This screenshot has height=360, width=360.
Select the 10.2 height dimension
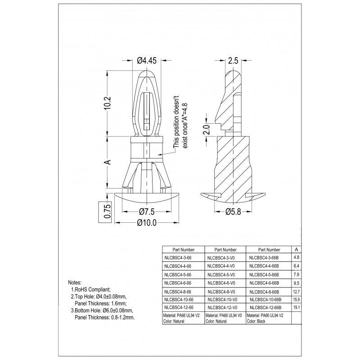point(108,104)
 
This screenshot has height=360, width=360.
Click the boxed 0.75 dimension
point(107,211)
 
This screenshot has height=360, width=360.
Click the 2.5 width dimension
point(233,60)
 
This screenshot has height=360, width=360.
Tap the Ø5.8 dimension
point(233,212)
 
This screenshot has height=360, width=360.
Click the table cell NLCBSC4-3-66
point(179,258)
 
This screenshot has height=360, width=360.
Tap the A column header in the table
point(295,249)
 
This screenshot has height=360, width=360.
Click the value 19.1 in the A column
point(296,308)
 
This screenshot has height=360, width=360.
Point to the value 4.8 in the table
point(296,258)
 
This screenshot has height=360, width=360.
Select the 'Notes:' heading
point(77,282)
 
